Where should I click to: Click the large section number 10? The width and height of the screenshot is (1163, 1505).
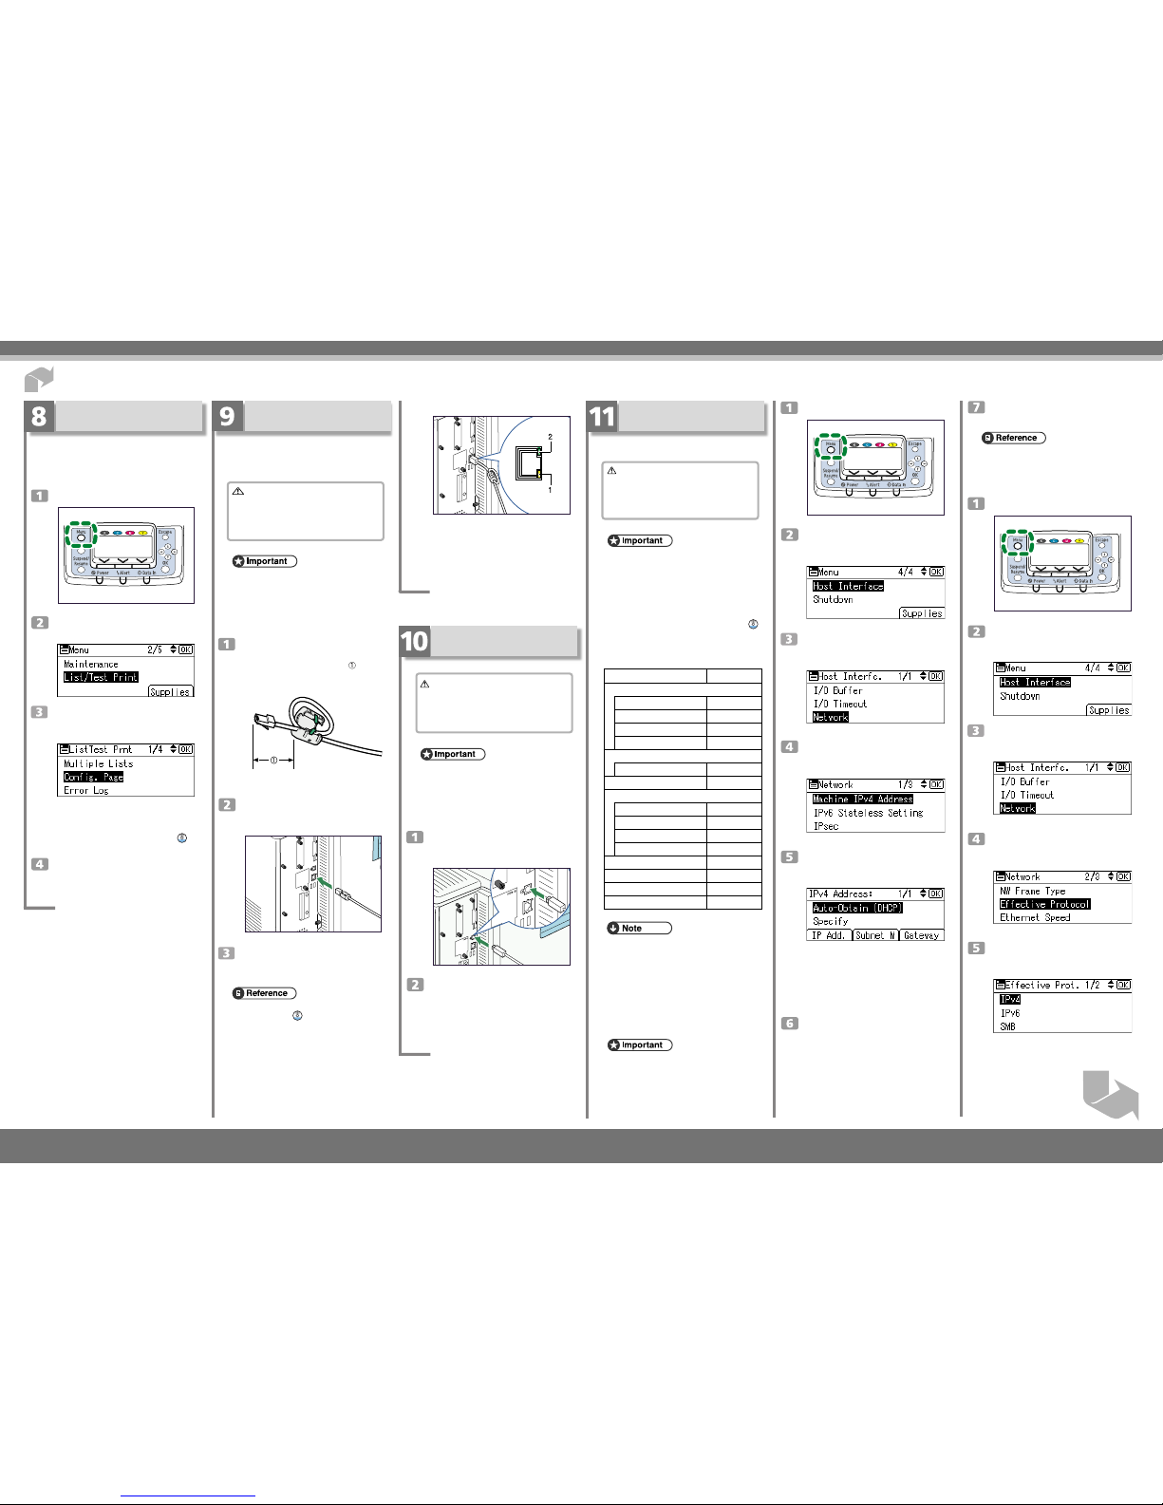pyautogui.click(x=415, y=642)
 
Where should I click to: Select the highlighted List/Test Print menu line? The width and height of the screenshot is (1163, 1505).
pyautogui.click(x=101, y=677)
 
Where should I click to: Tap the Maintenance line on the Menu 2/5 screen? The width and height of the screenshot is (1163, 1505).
pyautogui.click(x=91, y=664)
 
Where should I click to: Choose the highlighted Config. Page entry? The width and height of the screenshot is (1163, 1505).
pyautogui.click(x=93, y=777)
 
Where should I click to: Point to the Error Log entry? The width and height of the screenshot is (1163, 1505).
pyautogui.click(x=85, y=790)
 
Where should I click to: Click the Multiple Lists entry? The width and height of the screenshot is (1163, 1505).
pyautogui.click(x=98, y=763)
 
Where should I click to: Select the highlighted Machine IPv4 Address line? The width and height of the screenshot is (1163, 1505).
pyautogui.click(x=862, y=799)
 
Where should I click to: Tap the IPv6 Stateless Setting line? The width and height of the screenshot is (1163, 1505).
pyautogui.click(x=868, y=813)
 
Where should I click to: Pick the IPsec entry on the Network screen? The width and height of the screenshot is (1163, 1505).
pyautogui.click(x=826, y=826)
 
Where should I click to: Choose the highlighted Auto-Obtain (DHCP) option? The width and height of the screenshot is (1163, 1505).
pyautogui.click(x=857, y=908)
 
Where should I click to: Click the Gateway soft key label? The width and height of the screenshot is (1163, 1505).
pyautogui.click(x=921, y=935)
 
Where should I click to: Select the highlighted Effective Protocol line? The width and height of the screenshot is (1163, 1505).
pyautogui.click(x=1044, y=904)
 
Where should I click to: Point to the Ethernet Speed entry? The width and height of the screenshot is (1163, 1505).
pyautogui.click(x=1035, y=917)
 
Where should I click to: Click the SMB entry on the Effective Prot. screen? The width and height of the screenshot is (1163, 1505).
pyautogui.click(x=1007, y=1026)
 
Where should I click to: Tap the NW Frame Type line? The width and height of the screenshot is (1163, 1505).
pyautogui.click(x=1033, y=891)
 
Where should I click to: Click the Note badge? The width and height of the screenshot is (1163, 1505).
pyautogui.click(x=639, y=928)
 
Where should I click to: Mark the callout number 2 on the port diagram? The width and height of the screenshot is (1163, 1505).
pyautogui.click(x=549, y=436)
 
